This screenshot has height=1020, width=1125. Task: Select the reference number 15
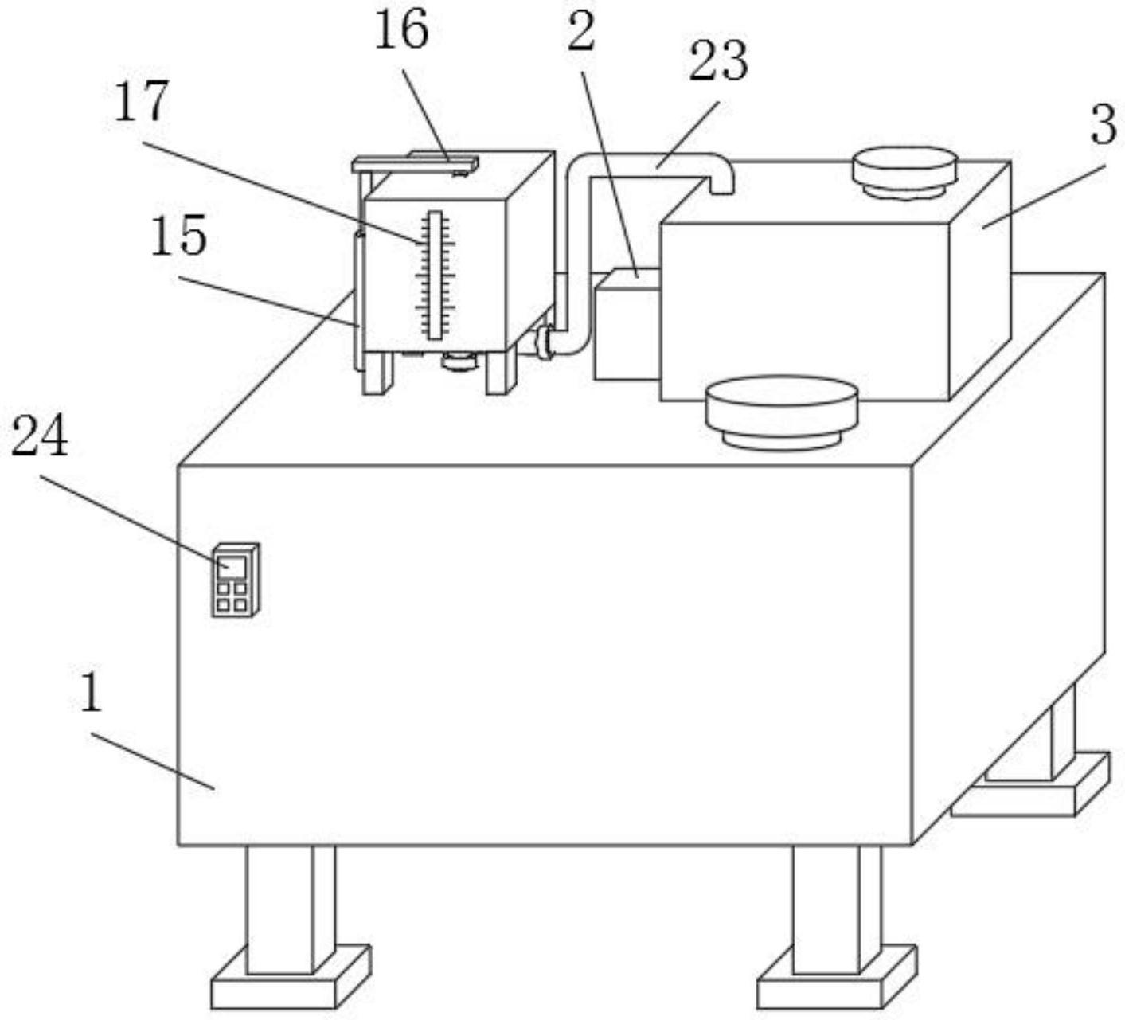coord(178,236)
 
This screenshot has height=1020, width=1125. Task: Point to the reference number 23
coord(717,62)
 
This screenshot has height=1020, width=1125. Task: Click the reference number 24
coord(39,439)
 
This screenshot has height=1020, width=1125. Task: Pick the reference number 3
coord(1102,125)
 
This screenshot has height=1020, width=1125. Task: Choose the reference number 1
coord(92,693)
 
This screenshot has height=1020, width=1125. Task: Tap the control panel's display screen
coord(232,566)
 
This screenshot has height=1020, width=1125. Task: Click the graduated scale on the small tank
coord(435,275)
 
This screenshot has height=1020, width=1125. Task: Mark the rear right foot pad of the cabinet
coord(1031,788)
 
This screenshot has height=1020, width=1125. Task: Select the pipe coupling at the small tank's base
coord(545,343)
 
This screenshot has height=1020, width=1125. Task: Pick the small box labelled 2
coord(626,326)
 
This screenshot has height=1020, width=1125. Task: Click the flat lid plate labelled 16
coord(415,164)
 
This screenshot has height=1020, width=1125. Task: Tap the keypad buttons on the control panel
coord(232,597)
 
